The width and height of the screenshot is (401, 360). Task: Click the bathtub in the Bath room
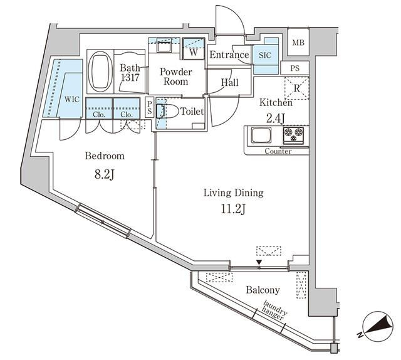[x=100, y=71]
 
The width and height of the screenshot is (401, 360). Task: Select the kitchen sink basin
[x=261, y=135]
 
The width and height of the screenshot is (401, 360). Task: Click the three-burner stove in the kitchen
[x=293, y=135]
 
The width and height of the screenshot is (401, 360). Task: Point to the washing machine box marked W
[x=194, y=49]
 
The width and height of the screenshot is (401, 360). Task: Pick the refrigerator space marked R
[x=296, y=88]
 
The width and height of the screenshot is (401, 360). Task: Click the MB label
[x=298, y=43]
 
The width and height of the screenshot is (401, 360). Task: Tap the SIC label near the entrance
[x=265, y=55]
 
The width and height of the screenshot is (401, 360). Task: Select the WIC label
[x=72, y=99]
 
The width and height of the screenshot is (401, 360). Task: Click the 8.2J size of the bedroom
[x=104, y=175]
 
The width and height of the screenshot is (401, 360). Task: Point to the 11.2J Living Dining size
[x=233, y=209]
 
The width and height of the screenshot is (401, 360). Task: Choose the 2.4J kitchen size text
[x=276, y=119]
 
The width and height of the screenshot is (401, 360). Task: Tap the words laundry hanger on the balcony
[x=274, y=310]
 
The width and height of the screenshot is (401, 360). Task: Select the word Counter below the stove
[x=278, y=151]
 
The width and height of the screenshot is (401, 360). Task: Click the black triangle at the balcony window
[x=259, y=263]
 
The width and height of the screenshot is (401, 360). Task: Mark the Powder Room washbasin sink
[x=164, y=46]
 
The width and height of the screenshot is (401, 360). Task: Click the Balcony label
[x=263, y=290]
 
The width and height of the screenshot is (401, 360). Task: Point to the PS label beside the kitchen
[x=294, y=68]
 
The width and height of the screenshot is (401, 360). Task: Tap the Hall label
[x=230, y=83]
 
